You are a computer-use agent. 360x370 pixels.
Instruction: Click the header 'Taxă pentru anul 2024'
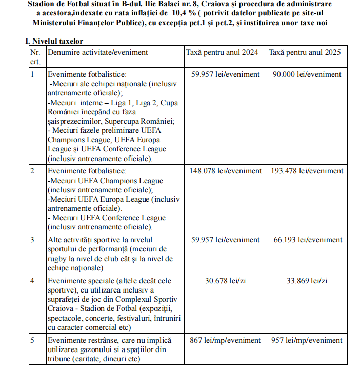(222, 52)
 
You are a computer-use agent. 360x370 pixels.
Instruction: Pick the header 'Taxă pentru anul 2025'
(305, 52)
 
